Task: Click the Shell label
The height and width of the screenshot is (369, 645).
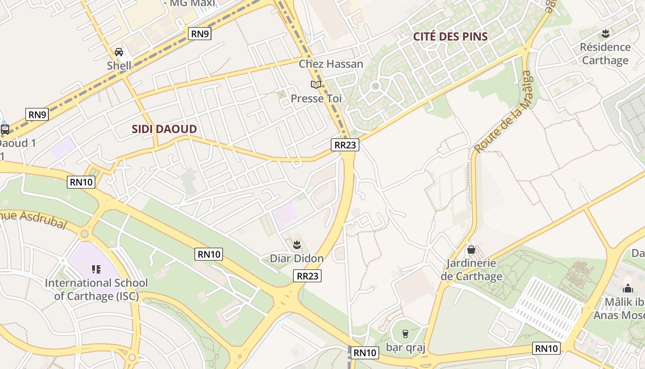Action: coord(119,65)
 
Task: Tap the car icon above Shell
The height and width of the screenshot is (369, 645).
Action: coord(119,52)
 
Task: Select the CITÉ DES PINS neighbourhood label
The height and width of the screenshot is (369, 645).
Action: coord(450,37)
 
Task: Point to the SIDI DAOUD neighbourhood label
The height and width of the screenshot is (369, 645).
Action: coord(164,129)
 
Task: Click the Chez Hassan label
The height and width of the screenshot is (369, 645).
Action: coord(331,64)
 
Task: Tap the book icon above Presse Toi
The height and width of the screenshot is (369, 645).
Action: coord(316,84)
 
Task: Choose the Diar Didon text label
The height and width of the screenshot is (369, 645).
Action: coord(297,258)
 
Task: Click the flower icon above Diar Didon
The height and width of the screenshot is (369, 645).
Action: coord(297,244)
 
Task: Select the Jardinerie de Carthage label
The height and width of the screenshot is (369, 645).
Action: coord(471,270)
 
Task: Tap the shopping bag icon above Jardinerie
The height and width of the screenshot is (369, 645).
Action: coord(471,250)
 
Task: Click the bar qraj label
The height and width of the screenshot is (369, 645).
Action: coord(405,347)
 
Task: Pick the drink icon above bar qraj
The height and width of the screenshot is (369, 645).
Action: coord(405,333)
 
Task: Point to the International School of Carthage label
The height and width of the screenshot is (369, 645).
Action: coord(96,289)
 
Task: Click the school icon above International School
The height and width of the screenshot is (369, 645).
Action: coord(96,269)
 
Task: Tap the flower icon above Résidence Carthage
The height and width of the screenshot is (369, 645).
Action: coord(605,33)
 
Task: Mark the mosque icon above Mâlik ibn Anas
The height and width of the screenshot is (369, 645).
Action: coord(627,289)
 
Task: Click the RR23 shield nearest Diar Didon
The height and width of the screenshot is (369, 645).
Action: coord(307,276)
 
